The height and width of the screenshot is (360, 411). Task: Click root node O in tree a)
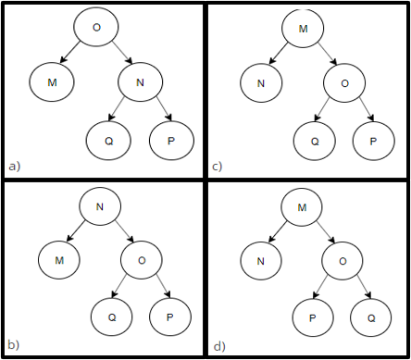96,28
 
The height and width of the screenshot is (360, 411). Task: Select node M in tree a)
52,82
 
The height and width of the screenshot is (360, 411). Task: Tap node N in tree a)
141,82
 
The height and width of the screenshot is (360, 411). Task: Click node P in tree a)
171,139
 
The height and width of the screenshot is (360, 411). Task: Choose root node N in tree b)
98,205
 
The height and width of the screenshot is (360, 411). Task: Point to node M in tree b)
59,260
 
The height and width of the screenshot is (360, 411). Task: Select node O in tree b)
142,260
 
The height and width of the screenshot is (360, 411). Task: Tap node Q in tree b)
112,317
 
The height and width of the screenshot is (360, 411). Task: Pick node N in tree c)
261,83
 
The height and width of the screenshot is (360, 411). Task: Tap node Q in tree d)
373,317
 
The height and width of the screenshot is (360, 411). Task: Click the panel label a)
14,166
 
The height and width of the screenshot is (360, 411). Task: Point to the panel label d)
219,346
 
